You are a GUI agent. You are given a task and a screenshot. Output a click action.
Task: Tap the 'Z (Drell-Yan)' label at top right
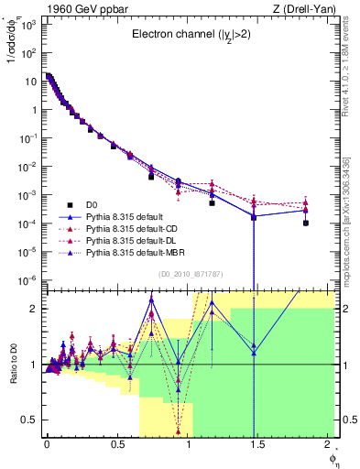pos(301,7)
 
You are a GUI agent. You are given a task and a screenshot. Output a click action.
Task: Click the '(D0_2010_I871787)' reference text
pos(189,274)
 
